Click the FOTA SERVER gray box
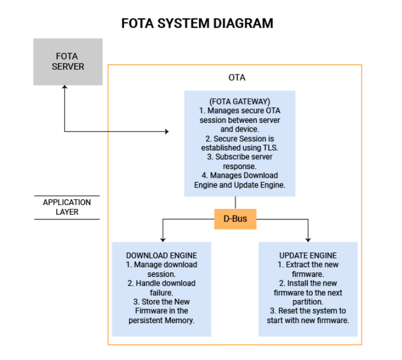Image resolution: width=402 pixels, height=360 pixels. tap(68, 62)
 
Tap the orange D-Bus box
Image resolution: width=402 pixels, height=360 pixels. tap(235, 219)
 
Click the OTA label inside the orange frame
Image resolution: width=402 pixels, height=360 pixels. tap(237, 77)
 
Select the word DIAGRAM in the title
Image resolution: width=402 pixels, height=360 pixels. tap(243, 23)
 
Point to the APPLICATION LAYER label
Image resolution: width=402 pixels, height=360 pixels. tap(67, 207)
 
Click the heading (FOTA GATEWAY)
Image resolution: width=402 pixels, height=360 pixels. tap(240, 102)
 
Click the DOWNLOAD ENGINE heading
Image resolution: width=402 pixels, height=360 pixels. tap(161, 256)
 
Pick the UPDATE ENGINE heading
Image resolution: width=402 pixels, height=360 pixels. tap(308, 256)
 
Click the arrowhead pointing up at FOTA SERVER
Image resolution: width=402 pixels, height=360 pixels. tap(65, 87)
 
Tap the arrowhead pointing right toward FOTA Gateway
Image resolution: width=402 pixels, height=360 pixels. tap(167, 132)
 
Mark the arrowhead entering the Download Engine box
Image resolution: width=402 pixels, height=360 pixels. tap(163, 240)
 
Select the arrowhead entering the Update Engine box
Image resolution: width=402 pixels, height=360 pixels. tap(308, 240)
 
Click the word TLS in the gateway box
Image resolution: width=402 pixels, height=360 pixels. tap(270, 148)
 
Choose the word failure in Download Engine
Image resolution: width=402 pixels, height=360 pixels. tap(161, 292)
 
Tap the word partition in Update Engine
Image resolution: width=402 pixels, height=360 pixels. tap(307, 302)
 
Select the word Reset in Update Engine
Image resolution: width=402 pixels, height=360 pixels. tap(287, 311)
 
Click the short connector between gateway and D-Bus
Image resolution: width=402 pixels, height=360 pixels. tap(235, 203)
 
